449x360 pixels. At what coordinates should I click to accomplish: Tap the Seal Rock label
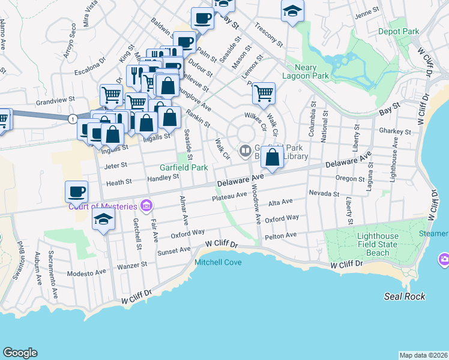click(405, 296)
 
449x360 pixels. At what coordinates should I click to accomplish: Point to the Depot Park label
click(399, 31)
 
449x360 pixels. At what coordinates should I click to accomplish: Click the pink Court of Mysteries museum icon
click(146, 206)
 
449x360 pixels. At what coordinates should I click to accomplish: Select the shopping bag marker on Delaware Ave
click(273, 158)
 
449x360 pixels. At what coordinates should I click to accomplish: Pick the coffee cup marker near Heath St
click(76, 192)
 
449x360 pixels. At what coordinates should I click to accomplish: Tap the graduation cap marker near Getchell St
click(104, 219)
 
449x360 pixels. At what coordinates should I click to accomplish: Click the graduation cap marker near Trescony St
click(292, 11)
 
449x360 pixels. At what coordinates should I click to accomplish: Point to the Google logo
click(20, 353)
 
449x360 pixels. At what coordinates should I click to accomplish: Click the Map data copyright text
click(423, 355)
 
